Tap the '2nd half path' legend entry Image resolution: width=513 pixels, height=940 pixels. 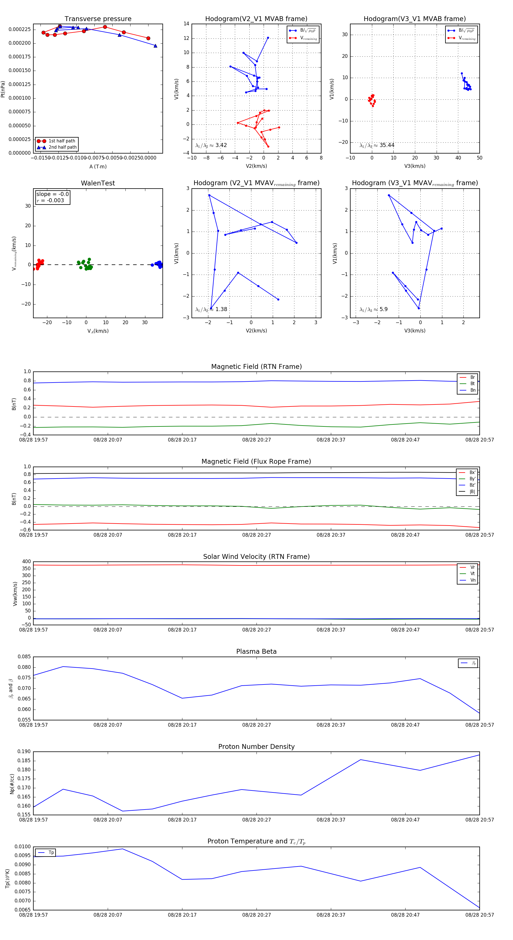coord(62,148)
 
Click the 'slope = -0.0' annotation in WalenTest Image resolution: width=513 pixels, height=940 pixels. coord(52,194)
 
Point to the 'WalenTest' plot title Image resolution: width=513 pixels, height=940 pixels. coord(98,183)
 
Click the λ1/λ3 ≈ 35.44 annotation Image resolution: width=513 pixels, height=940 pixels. coord(377,145)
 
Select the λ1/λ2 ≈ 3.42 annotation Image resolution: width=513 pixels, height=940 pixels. coord(211,145)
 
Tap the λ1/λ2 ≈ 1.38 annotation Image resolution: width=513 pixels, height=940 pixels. coord(211,309)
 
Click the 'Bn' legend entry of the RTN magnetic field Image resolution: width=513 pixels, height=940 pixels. coord(473,390)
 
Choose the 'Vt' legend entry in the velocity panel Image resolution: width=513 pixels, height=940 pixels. coord(473,574)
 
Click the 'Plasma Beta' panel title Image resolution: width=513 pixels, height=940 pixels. coord(256,652)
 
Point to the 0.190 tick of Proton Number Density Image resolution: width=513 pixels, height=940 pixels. coord(25,752)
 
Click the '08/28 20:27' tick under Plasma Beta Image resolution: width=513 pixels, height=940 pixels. coord(256,725)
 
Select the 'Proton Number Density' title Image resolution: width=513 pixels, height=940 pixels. coord(256,747)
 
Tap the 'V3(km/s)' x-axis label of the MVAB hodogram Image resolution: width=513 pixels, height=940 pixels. coord(414,166)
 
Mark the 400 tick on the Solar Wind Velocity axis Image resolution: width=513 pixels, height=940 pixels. coord(27,562)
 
